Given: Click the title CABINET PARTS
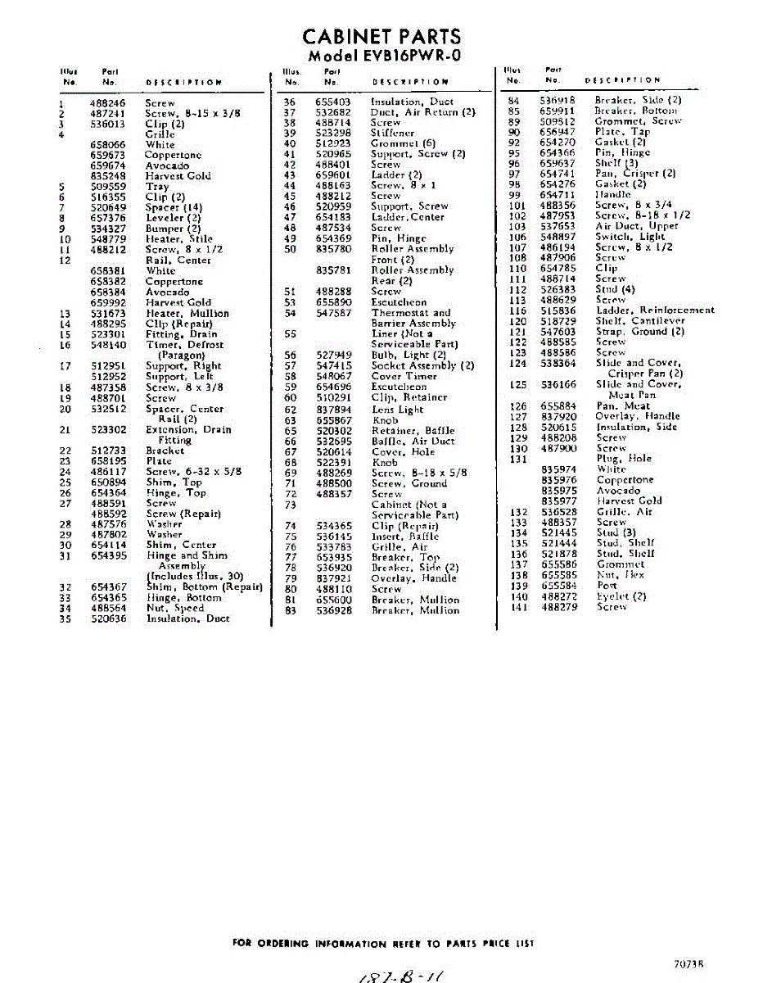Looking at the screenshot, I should coord(381,37).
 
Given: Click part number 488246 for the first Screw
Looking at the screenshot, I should coord(107,104).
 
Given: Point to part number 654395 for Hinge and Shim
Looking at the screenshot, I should coord(108,555).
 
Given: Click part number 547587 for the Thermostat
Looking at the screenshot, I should coord(334,313).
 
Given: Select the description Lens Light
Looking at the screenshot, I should coord(397,410).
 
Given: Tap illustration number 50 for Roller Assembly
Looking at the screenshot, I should coord(289,249).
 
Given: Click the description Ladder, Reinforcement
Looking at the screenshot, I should coord(654,310).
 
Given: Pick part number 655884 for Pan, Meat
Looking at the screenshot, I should coord(558,405).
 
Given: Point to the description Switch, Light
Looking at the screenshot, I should coord(630,236).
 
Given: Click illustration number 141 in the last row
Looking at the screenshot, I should coord(518,607).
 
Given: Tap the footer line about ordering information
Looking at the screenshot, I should coord(383,944).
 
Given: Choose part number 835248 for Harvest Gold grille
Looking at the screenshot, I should coord(108,176).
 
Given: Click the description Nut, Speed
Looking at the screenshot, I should coord(174,609).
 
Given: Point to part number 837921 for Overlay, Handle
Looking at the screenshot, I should coord(334,578).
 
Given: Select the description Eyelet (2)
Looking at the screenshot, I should coord(621,596).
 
